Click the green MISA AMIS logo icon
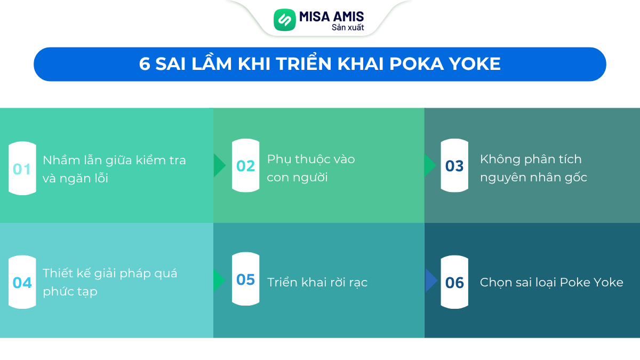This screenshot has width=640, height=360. tap(285, 20)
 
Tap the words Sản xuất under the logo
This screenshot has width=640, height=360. tap(348, 28)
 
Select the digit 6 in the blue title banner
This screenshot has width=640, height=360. tap(145, 64)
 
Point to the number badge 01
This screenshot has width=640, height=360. tap(22, 169)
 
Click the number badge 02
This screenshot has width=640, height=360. tap(245, 166)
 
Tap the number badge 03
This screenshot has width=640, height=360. tap(454, 166)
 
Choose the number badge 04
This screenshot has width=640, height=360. tap(22, 282)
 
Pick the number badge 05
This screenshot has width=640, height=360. tap(245, 279)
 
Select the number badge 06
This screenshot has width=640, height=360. tap(454, 282)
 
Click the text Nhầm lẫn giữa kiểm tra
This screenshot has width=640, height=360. tap(114, 160)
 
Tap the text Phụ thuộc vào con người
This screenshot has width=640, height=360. tap(311, 168)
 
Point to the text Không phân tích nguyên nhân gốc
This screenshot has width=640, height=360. tap(533, 168)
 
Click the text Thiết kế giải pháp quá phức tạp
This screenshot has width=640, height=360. tap(110, 282)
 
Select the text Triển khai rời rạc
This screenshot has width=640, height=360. tap(317, 282)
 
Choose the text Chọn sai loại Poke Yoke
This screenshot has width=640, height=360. tap(551, 282)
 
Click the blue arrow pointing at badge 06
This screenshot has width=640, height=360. tap(431, 281)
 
